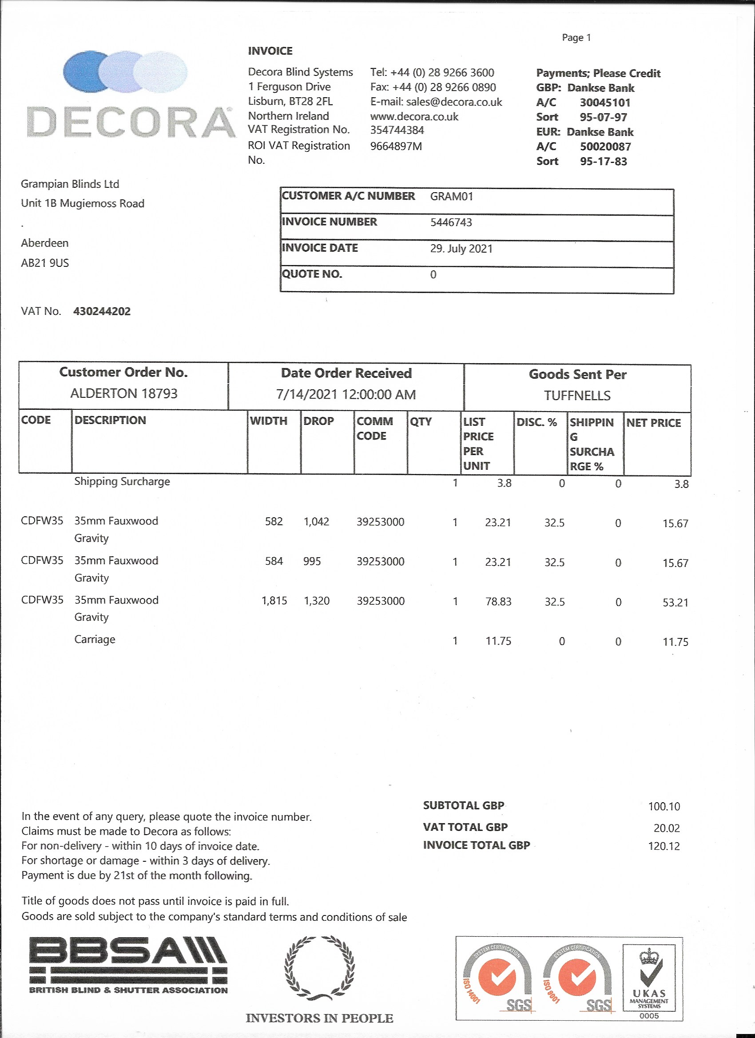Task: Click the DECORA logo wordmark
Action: pyautogui.click(x=131, y=122)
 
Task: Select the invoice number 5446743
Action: pyautogui.click(x=450, y=222)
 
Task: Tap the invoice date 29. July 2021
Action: pyautogui.click(x=461, y=249)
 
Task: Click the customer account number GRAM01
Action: pyautogui.click(x=451, y=197)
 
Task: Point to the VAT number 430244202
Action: pyautogui.click(x=102, y=311)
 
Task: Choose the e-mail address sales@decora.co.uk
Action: pyautogui.click(x=454, y=102)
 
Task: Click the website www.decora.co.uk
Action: pyautogui.click(x=414, y=116)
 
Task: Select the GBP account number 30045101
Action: pyautogui.click(x=605, y=103)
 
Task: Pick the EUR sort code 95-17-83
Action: pyautogui.click(x=603, y=161)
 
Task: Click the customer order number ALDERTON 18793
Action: pyautogui.click(x=123, y=393)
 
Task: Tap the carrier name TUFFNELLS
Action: pyautogui.click(x=577, y=396)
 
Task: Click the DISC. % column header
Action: pyautogui.click(x=536, y=422)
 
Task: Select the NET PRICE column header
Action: pyautogui.click(x=653, y=423)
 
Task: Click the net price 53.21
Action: pyautogui.click(x=675, y=602)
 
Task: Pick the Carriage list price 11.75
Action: pyautogui.click(x=498, y=641)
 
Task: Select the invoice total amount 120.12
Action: pyautogui.click(x=664, y=846)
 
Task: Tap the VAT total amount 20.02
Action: pyautogui.click(x=666, y=828)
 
